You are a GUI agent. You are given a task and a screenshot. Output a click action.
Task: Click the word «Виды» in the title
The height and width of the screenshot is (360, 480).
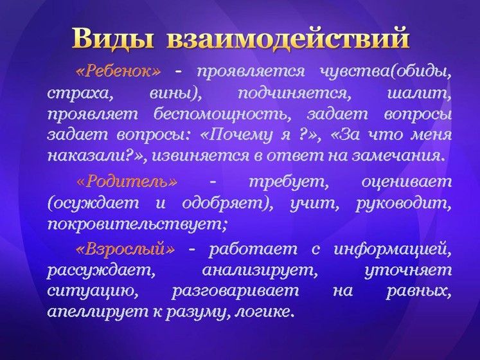pos(113,39)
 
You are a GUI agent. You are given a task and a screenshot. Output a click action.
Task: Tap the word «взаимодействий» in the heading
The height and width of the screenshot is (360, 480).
pos(288,39)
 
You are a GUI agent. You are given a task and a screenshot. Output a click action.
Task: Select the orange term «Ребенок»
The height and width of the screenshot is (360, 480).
pos(118,71)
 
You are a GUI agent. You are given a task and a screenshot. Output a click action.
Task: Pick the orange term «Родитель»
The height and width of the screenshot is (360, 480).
pos(127,182)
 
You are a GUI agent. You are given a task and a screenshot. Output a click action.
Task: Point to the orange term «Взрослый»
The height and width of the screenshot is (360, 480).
pos(125,249)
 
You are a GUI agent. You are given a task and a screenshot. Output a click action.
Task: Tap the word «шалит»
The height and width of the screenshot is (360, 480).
pos(420,93)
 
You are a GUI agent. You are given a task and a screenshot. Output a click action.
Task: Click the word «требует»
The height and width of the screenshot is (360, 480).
pos(289,183)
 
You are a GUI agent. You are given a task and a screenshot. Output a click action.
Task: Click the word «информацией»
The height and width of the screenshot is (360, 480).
pos(393,249)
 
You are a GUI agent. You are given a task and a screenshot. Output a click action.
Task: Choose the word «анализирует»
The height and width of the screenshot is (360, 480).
pos(260,271)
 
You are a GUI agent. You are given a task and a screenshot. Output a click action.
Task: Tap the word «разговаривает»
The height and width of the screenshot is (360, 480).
pos(235,291)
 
